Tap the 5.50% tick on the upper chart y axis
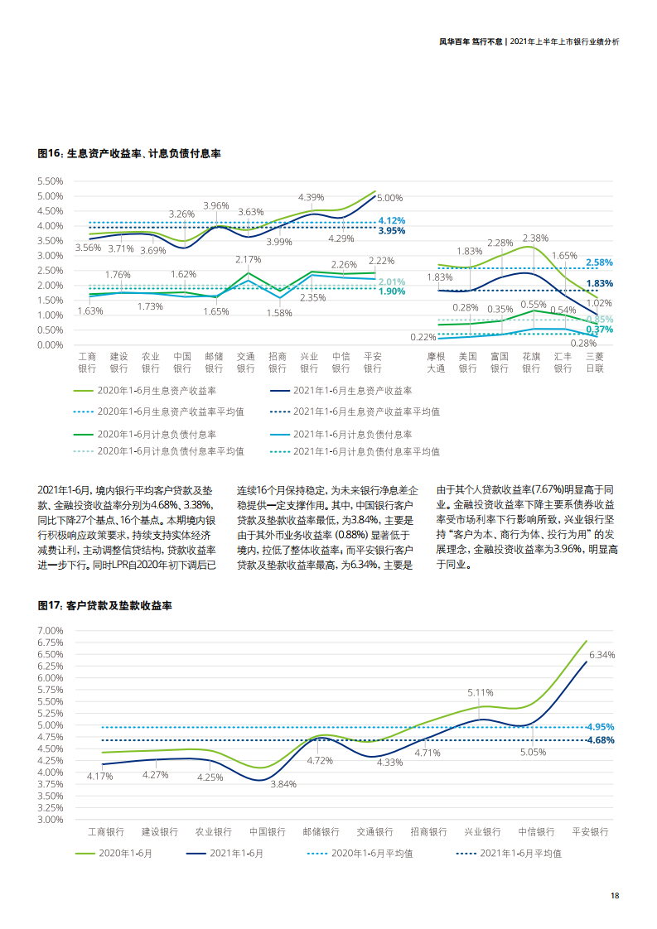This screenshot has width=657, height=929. [51, 181]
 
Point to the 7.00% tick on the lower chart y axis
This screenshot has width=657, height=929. [51, 630]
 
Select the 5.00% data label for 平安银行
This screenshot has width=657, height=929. [389, 198]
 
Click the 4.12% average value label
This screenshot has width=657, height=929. [391, 220]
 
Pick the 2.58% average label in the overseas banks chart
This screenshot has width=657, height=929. [599, 262]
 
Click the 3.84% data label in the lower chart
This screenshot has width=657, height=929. [283, 784]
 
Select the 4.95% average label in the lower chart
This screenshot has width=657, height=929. [600, 726]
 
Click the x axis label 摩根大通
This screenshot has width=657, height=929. [436, 362]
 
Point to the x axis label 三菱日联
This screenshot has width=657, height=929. [594, 362]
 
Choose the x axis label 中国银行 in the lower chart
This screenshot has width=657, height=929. [268, 831]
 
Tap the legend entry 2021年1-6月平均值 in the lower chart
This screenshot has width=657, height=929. [520, 853]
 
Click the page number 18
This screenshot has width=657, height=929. [614, 895]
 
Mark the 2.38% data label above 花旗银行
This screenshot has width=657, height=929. [535, 238]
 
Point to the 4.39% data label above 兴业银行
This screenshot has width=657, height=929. [311, 197]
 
